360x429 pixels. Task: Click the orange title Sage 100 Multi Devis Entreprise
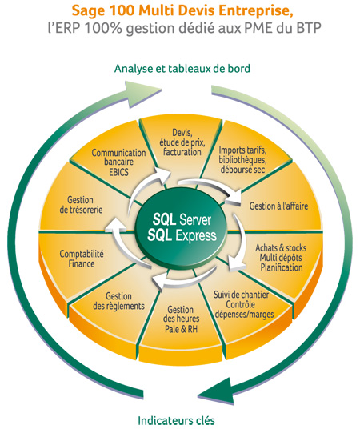[182, 11]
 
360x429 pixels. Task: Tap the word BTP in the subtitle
[307, 28]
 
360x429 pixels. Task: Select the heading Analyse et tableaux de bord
[182, 69]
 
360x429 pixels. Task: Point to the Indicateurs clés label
[177, 420]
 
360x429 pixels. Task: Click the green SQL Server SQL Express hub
[182, 227]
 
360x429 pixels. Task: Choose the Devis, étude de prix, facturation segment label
[182, 142]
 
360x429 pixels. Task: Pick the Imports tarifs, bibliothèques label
[242, 160]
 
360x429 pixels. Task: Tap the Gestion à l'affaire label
[278, 206]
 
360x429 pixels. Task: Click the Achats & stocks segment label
[281, 258]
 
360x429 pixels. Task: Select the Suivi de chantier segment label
[244, 304]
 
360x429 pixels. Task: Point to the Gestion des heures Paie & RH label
[181, 319]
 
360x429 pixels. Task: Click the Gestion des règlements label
[118, 301]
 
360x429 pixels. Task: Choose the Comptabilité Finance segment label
[82, 259]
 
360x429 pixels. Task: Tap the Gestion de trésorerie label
[81, 205]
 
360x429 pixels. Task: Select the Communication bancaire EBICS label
[118, 162]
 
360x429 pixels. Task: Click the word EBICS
[118, 172]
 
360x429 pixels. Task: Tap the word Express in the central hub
[196, 236]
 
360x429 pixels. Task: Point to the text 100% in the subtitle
[103, 28]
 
